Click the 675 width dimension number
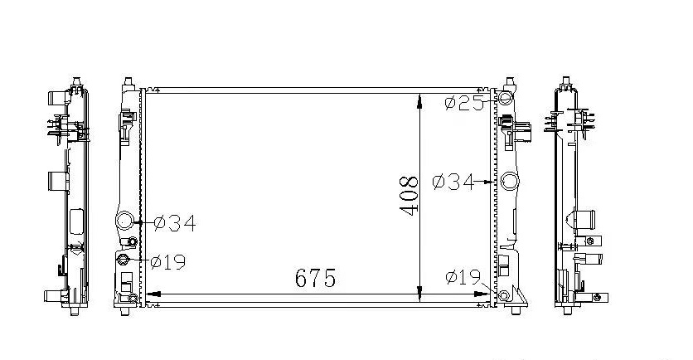(x=315, y=277)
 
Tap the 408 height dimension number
(x=409, y=196)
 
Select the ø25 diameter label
(x=464, y=104)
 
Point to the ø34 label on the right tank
(x=453, y=182)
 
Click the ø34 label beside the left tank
(x=175, y=223)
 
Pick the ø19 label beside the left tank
(x=168, y=262)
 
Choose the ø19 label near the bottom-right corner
(x=463, y=277)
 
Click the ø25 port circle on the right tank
(x=504, y=98)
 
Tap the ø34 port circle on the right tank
(x=510, y=182)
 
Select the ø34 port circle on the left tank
(x=124, y=220)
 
